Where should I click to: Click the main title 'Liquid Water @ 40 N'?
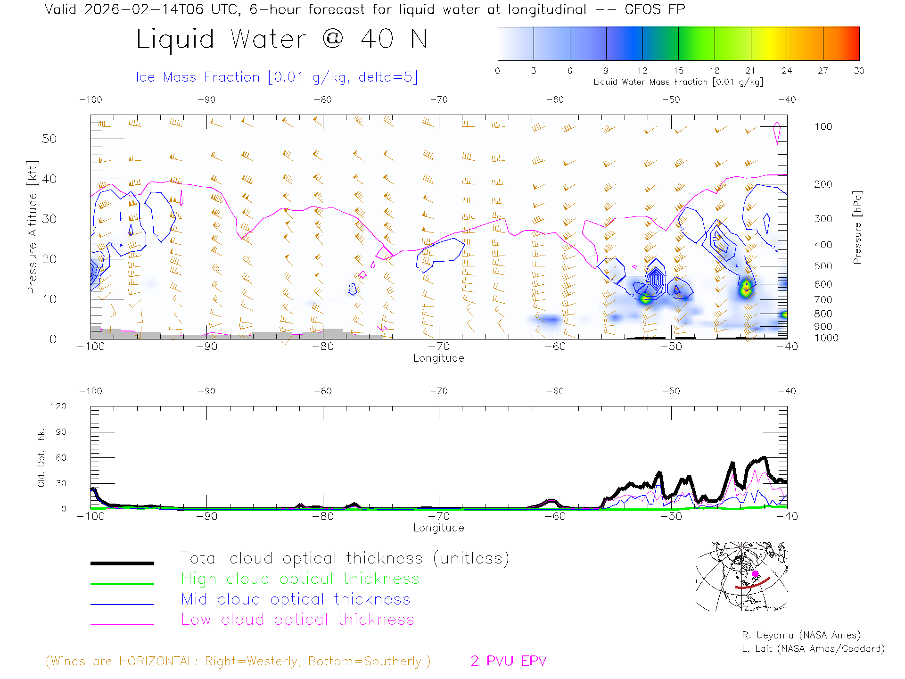click(x=282, y=39)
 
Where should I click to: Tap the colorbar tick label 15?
click(x=678, y=71)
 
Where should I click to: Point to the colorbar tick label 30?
click(x=859, y=71)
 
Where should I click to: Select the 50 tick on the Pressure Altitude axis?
click(x=49, y=139)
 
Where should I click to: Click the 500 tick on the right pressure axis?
click(x=823, y=266)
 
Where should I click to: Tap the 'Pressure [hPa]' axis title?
click(x=857, y=227)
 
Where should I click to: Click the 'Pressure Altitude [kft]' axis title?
click(x=32, y=227)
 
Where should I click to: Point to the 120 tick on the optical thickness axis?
click(x=58, y=406)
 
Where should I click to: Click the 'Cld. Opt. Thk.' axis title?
click(x=41, y=457)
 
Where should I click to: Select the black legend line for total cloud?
click(x=122, y=563)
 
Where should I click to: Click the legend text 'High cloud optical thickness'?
click(x=300, y=579)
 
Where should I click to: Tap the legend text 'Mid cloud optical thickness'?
click(x=296, y=599)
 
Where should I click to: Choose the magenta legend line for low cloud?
click(x=122, y=624)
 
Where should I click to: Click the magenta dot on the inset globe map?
click(x=755, y=574)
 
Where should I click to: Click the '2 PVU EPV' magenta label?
click(x=508, y=661)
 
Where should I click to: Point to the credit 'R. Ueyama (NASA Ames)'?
click(x=801, y=635)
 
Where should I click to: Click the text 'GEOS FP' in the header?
click(x=654, y=9)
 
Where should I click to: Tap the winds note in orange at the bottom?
click(x=238, y=661)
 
